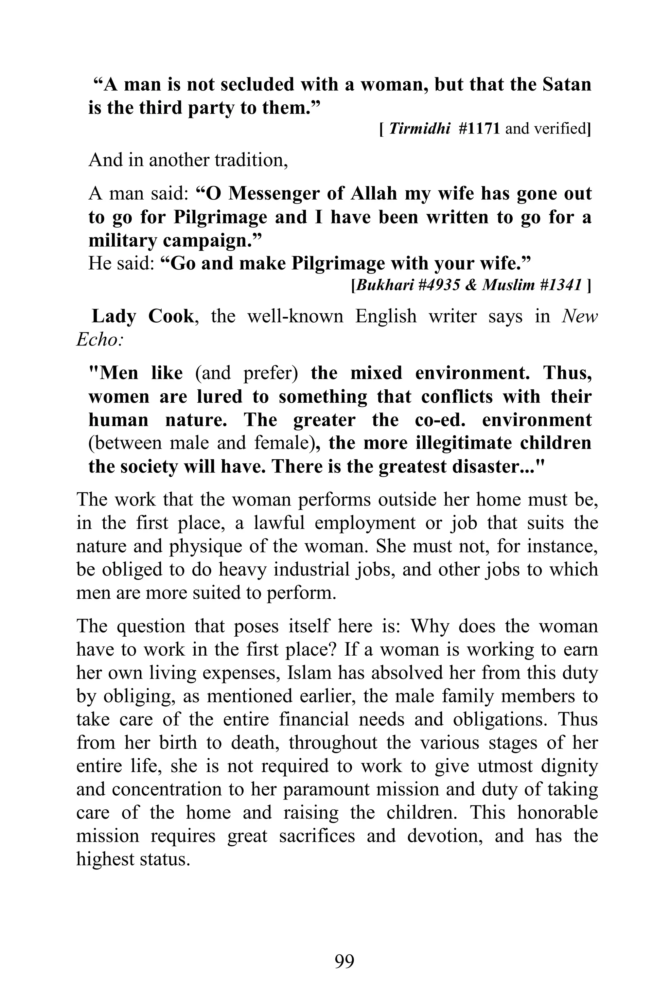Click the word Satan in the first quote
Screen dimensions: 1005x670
click(x=567, y=85)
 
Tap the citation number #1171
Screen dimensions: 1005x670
click(x=479, y=129)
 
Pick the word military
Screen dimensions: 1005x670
click(x=123, y=240)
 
